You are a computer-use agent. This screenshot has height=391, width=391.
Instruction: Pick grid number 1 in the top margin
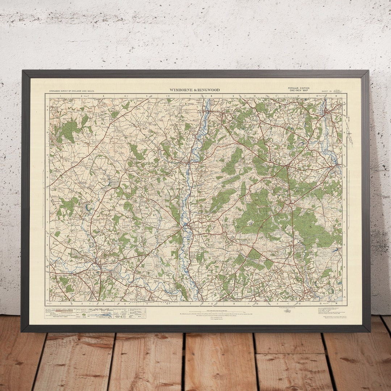coord(60,96)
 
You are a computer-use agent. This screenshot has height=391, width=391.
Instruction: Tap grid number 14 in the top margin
coord(336,96)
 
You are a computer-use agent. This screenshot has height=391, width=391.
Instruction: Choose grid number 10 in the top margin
coord(255,96)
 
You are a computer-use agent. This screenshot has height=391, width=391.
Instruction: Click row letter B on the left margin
coord(47,132)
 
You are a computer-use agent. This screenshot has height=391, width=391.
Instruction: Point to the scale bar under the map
coord(195,311)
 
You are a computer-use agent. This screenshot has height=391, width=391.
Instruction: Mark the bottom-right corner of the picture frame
coord(370,331)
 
